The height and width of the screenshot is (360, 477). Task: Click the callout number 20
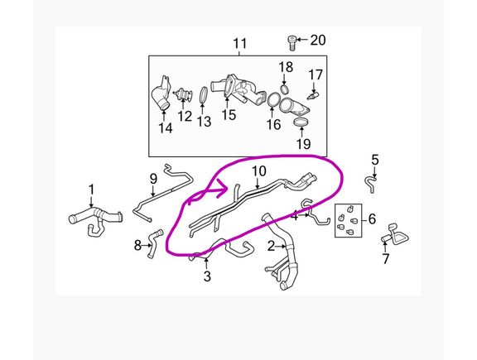pyautogui.click(x=318, y=40)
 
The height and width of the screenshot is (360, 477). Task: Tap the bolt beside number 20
pyautogui.click(x=291, y=43)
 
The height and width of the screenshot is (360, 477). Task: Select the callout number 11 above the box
pyautogui.click(x=239, y=44)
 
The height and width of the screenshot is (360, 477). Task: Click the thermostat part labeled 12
pyautogui.click(x=183, y=94)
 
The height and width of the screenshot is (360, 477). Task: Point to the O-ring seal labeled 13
pyautogui.click(x=204, y=94)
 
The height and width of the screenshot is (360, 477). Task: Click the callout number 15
pyautogui.click(x=229, y=115)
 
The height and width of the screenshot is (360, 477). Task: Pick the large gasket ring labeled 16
pyautogui.click(x=274, y=100)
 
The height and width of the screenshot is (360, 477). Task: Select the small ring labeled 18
pyautogui.click(x=284, y=89)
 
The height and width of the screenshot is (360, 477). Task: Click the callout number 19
pyautogui.click(x=303, y=143)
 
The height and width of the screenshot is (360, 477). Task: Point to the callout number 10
pyautogui.click(x=259, y=170)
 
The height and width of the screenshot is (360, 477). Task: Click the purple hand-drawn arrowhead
pyautogui.click(x=224, y=190)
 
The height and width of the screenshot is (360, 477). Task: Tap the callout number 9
pyautogui.click(x=153, y=179)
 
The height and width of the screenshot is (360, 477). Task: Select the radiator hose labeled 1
pyautogui.click(x=95, y=218)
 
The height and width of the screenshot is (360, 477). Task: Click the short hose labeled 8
pyautogui.click(x=155, y=243)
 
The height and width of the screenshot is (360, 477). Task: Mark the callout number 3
pyautogui.click(x=207, y=276)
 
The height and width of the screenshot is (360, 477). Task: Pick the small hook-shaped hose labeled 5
pyautogui.click(x=369, y=183)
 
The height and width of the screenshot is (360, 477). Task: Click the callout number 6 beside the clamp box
pyautogui.click(x=372, y=218)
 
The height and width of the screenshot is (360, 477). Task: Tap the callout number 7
pyautogui.click(x=385, y=259)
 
